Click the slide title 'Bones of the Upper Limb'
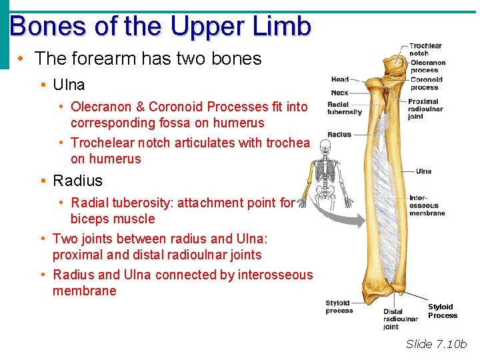pyautogui.click(x=161, y=27)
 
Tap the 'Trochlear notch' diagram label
pyautogui.click(x=425, y=49)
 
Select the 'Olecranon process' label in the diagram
pyautogui.click(x=428, y=66)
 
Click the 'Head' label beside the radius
pyautogui.click(x=340, y=80)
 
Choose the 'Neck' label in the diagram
pyautogui.click(x=339, y=93)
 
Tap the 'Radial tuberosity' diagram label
pyautogui.click(x=344, y=108)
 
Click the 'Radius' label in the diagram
pyautogui.click(x=339, y=135)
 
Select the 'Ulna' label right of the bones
pyautogui.click(x=423, y=171)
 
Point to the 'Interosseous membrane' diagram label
pyautogui.click(x=427, y=205)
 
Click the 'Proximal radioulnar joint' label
pyautogui.click(x=424, y=109)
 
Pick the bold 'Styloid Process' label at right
pyautogui.click(x=442, y=311)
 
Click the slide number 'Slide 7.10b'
pyautogui.click(x=437, y=344)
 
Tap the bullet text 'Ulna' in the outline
pyautogui.click(x=69, y=85)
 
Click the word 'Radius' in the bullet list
pyautogui.click(x=77, y=181)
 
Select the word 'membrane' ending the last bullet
pyautogui.click(x=84, y=291)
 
